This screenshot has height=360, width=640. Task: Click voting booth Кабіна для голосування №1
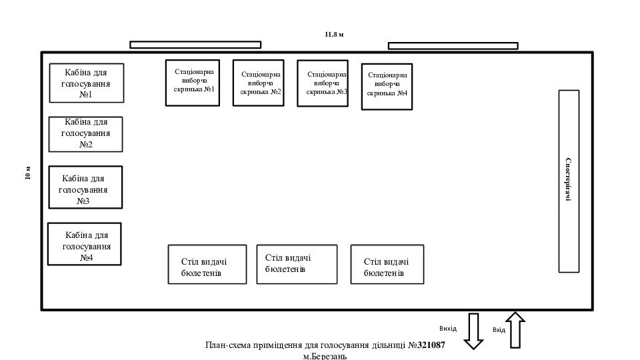(x=87, y=83)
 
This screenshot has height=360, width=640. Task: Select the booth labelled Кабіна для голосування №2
(x=86, y=133)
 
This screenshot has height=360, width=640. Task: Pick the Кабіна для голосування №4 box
(x=85, y=244)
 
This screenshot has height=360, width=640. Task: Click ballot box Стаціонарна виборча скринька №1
(x=193, y=83)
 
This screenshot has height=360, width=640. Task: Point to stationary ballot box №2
(x=258, y=83)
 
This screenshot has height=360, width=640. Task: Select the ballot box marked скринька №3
(x=323, y=83)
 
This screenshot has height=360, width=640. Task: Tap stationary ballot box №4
(x=387, y=86)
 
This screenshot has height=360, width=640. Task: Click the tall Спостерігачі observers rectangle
(x=569, y=181)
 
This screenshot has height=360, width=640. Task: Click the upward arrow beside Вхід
(x=515, y=330)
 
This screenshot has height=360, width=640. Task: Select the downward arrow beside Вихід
(x=473, y=331)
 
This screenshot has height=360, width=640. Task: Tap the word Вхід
(x=499, y=330)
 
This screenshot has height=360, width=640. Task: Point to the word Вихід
(x=448, y=329)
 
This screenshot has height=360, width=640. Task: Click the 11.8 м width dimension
(x=334, y=34)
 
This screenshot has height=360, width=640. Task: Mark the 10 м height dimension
(x=28, y=173)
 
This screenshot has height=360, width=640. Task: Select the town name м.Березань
(x=325, y=356)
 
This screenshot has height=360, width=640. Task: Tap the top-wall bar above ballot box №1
(x=195, y=45)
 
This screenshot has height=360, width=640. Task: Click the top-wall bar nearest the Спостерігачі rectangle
(x=453, y=46)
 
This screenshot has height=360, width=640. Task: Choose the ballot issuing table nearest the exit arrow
(x=387, y=265)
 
